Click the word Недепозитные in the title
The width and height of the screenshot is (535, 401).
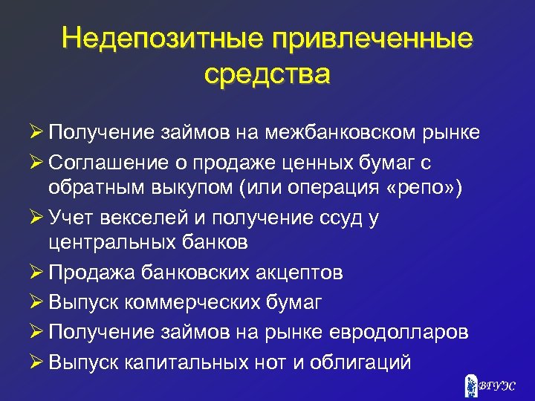(x=157, y=39)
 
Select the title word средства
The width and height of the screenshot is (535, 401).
(x=267, y=74)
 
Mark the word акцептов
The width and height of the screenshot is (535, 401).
(x=296, y=273)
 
